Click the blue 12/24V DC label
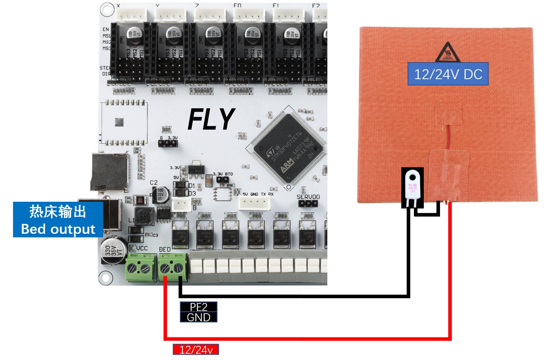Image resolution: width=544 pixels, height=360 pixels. point(448,74)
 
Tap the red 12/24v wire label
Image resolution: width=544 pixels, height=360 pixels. point(196,350)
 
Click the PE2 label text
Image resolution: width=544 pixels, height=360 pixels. point(198,307)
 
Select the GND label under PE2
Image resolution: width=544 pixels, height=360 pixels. point(198,317)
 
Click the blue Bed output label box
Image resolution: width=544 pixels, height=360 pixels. point(58,220)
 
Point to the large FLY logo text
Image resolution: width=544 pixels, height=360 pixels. point(211,119)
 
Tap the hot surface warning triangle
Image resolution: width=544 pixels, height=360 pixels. point(448,53)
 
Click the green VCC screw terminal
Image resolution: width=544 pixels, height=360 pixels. point(140,268)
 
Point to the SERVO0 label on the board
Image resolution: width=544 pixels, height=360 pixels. point(308,197)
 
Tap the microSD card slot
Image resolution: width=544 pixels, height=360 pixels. point(110,172)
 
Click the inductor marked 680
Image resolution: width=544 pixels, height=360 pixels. point(145,216)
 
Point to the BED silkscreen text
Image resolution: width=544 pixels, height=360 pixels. point(165,250)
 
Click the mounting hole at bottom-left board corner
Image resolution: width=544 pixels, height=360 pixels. point(105,277)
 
